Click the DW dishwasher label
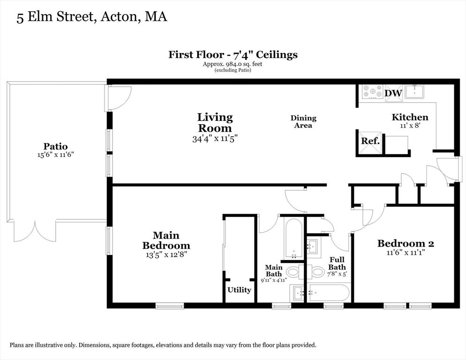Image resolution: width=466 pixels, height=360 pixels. [x=393, y=93]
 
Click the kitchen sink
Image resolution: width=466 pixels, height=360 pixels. [x=414, y=91]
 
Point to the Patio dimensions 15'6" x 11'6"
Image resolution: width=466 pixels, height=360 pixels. [x=56, y=155]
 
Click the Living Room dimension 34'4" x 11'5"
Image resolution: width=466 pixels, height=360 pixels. [x=215, y=139]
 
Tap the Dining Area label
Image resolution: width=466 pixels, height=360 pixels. [x=303, y=122]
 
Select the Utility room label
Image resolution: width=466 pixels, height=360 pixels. [x=239, y=290]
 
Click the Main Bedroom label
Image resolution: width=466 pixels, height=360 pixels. [x=166, y=240]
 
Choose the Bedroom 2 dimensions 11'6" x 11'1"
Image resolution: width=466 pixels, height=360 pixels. [x=406, y=252]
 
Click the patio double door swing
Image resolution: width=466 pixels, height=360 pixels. [x=35, y=232]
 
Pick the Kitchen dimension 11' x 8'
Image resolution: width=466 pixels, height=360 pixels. [x=410, y=126]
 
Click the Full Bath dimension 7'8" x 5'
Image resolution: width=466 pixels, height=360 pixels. [x=337, y=274]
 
